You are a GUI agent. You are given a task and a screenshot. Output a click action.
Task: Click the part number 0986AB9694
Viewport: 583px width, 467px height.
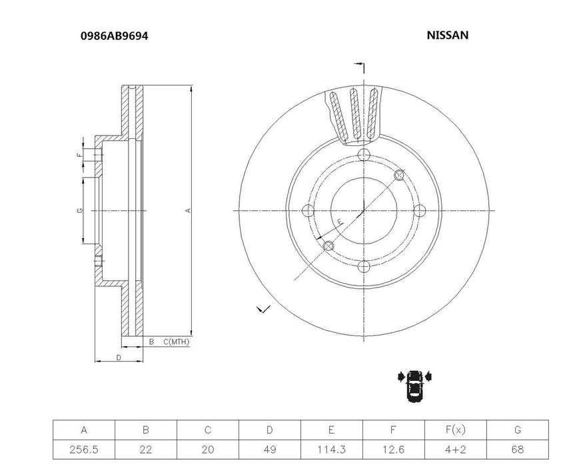click(x=115, y=35)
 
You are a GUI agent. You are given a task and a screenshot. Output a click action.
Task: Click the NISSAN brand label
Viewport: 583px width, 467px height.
click(x=447, y=35)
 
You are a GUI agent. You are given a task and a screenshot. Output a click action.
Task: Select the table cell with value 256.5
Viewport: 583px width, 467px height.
click(x=84, y=450)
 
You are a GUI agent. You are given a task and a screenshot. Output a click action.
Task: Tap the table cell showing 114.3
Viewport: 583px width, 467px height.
click(x=331, y=450)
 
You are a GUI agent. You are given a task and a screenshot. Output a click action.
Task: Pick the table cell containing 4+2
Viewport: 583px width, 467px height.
click(x=455, y=450)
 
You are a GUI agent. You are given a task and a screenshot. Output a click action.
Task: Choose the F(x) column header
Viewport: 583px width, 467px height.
click(x=455, y=430)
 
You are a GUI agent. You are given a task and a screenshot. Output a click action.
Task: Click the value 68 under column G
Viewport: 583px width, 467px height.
click(x=517, y=450)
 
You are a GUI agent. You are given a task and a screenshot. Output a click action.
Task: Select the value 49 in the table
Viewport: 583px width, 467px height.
click(x=270, y=450)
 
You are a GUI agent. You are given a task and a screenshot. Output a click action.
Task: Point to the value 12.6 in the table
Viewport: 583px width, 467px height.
click(x=393, y=450)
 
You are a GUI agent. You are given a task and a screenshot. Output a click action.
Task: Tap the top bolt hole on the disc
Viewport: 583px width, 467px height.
click(x=363, y=155)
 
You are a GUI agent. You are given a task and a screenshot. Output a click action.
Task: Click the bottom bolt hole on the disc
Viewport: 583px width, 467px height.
click(x=363, y=267)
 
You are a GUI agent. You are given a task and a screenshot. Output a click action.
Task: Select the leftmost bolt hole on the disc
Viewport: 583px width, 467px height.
click(x=307, y=211)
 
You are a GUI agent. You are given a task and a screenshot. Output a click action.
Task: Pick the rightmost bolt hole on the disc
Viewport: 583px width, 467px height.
click(x=419, y=211)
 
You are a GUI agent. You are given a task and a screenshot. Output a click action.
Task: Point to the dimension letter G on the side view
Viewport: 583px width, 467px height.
click(x=79, y=211)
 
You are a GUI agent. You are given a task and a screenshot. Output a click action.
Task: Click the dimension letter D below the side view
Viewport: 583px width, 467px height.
click(x=118, y=358)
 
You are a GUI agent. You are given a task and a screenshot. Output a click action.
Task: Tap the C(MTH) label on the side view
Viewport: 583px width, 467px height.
click(x=176, y=342)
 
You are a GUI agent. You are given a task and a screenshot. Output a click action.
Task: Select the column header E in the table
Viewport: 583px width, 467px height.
click(x=331, y=430)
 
